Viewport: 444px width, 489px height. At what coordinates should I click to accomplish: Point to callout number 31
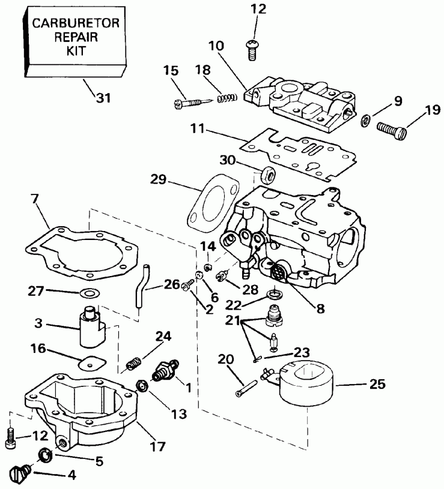tap(104, 98)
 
